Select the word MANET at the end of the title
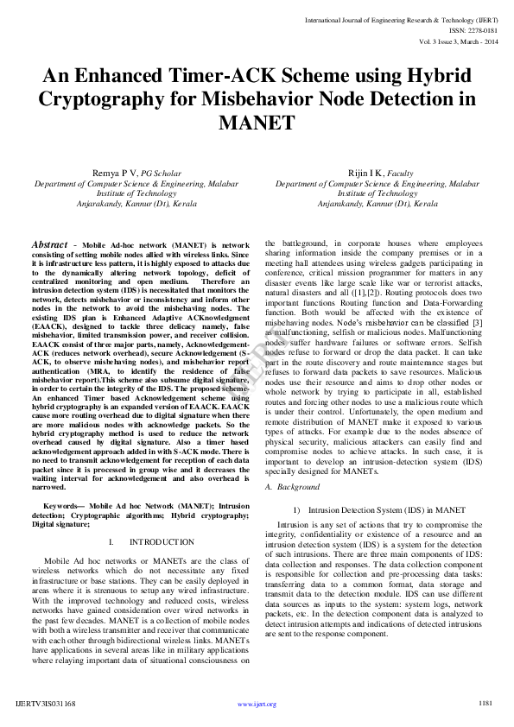point(257,123)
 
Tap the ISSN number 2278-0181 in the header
point(479,29)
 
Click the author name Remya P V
point(115,174)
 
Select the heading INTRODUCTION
point(162,541)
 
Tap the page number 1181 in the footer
point(485,704)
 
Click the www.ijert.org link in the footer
point(257,705)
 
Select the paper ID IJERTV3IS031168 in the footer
point(45,704)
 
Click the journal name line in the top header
point(400,18)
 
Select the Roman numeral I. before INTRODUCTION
point(113,541)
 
